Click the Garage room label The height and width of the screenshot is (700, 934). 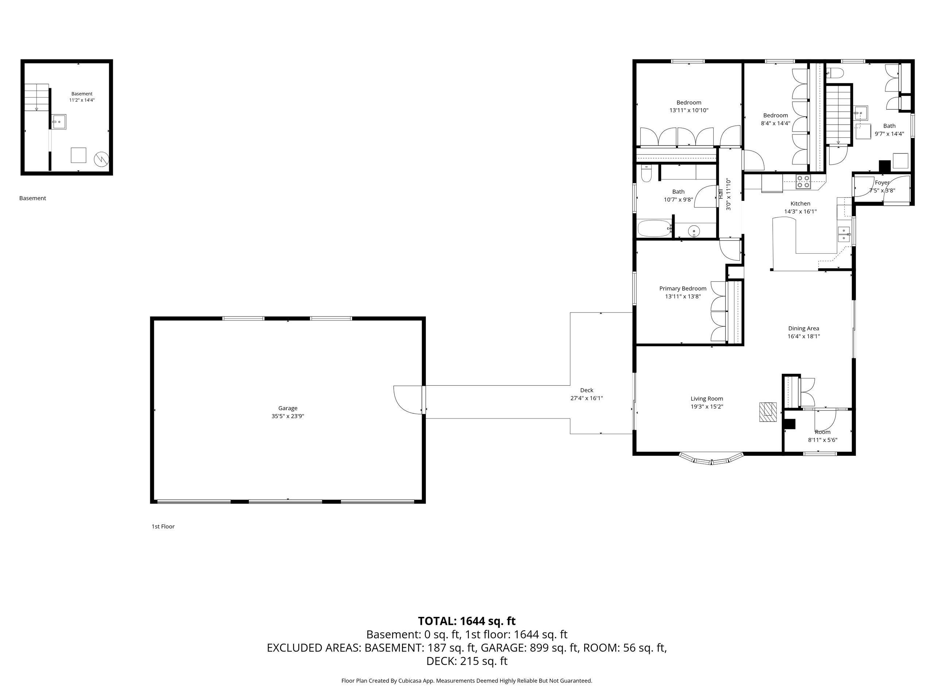pos(287,408)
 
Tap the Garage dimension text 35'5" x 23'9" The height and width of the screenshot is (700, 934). pos(287,416)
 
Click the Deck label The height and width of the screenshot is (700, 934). pos(587,390)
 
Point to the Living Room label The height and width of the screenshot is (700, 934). pos(707,399)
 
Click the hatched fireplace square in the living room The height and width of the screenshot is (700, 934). pos(768,412)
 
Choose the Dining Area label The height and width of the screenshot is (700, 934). pos(803,328)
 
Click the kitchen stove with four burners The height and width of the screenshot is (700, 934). pos(803,182)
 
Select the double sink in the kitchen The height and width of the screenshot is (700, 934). pos(844,234)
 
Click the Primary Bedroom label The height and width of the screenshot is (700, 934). pos(683,289)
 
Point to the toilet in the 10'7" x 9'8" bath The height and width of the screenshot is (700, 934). pos(646,174)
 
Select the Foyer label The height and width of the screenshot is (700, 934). pos(882,183)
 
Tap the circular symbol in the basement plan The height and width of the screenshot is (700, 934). pos(101,159)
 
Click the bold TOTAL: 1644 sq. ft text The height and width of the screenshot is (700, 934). pos(467,621)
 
